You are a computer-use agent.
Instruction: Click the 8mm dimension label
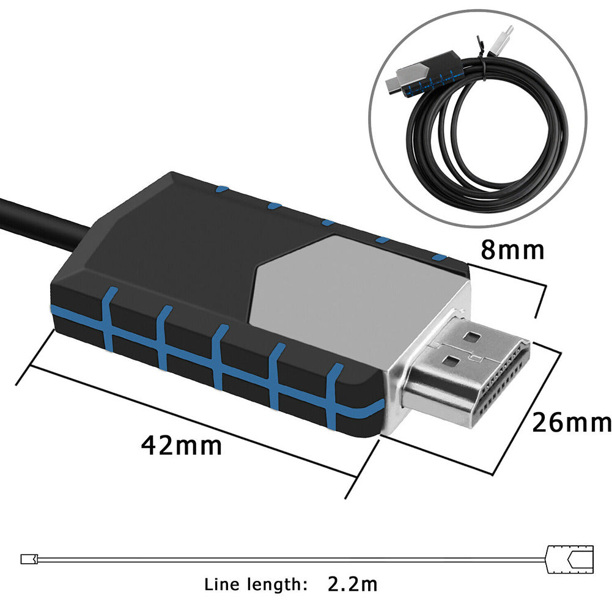(x=512, y=250)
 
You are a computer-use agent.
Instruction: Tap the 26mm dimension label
(x=571, y=422)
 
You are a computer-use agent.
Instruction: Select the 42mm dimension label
(x=182, y=446)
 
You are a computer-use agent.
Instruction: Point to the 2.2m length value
(x=352, y=584)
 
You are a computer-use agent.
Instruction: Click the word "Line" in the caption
(x=224, y=584)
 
